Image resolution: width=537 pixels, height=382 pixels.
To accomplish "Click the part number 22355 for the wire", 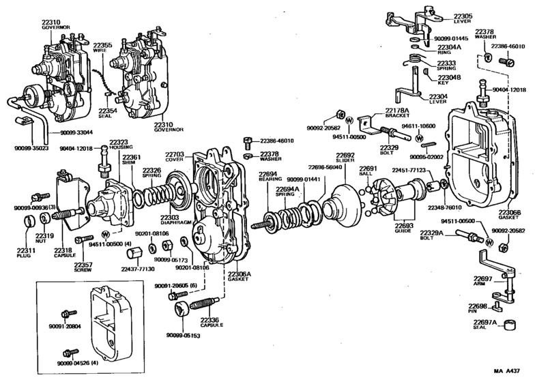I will coord(103,44).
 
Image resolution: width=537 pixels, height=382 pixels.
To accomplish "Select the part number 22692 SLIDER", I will coord(345,158).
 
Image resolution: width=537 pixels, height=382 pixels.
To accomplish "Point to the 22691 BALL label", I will coord(368,171).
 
